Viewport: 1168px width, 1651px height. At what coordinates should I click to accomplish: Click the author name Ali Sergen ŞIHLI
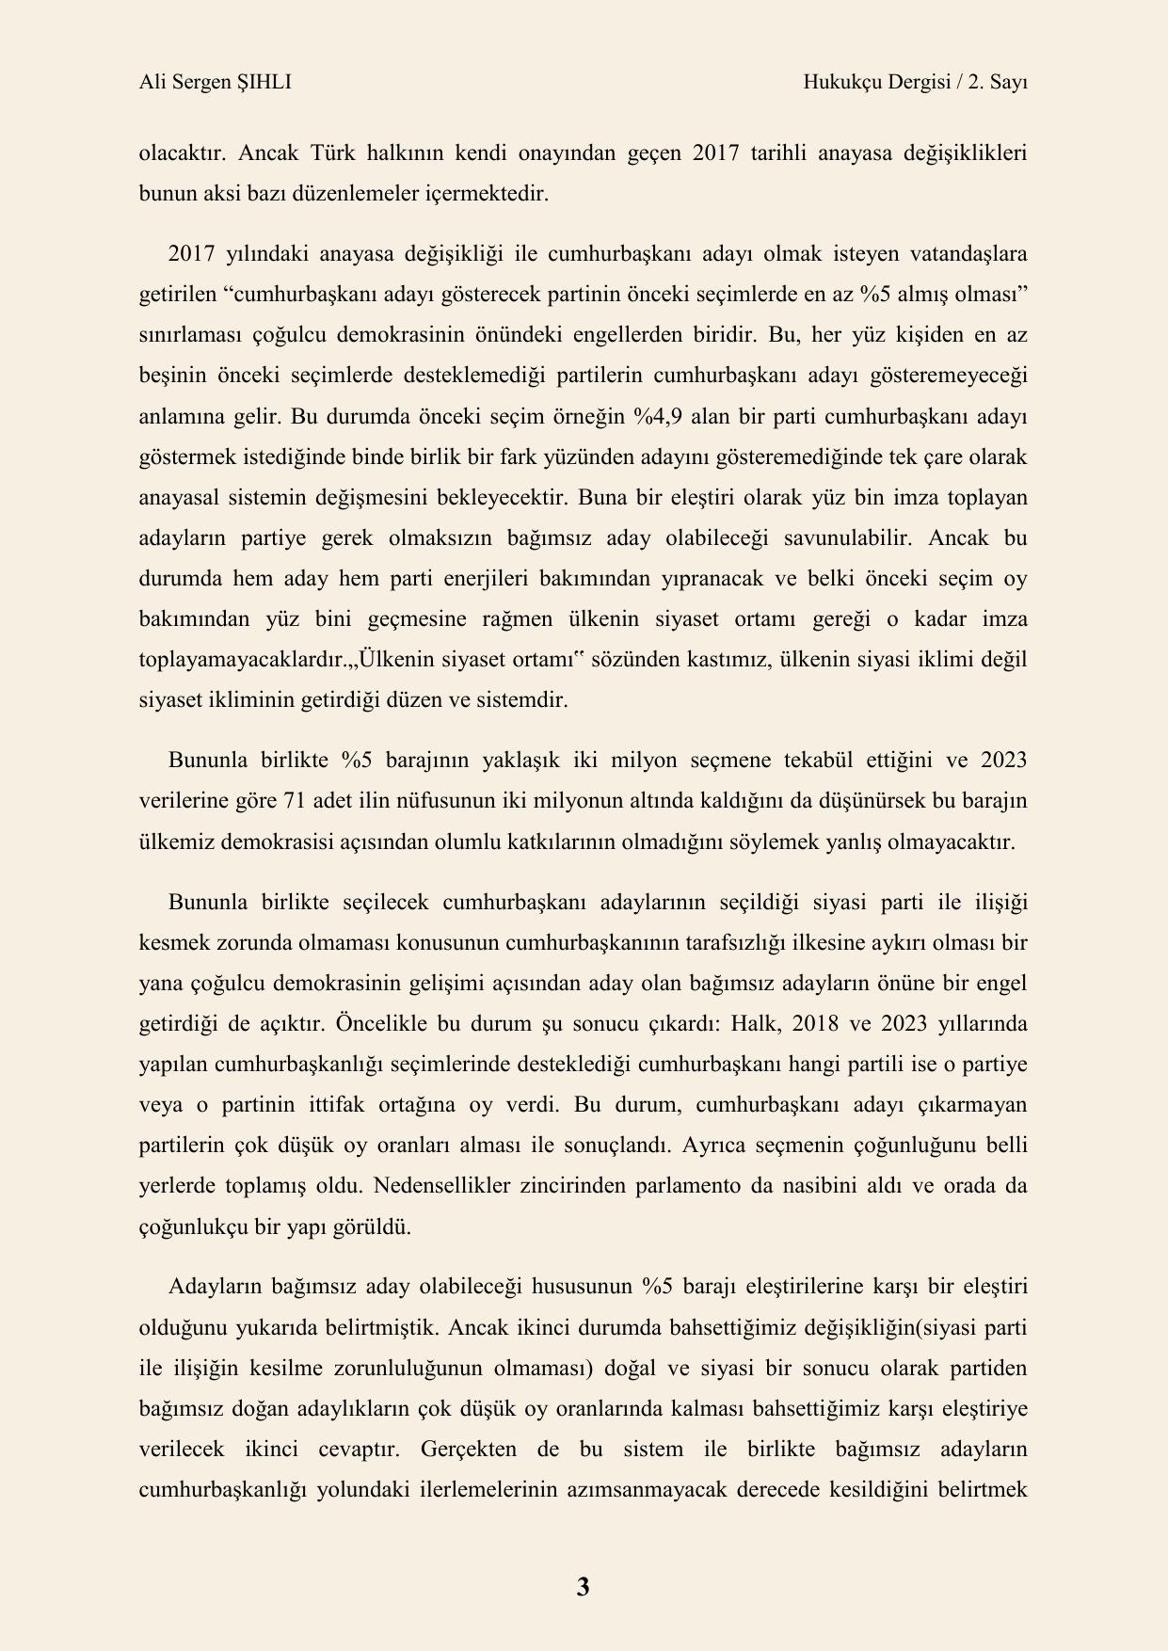215,83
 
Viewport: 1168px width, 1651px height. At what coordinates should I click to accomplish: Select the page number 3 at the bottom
583,1587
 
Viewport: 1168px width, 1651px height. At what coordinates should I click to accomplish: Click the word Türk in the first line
334,153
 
